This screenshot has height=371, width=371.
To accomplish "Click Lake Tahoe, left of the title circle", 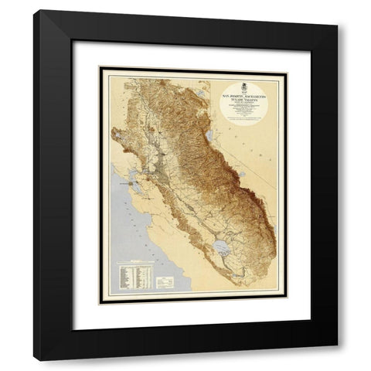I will pos(199,94).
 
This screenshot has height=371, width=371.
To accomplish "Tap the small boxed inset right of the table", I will pos(164,283).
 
